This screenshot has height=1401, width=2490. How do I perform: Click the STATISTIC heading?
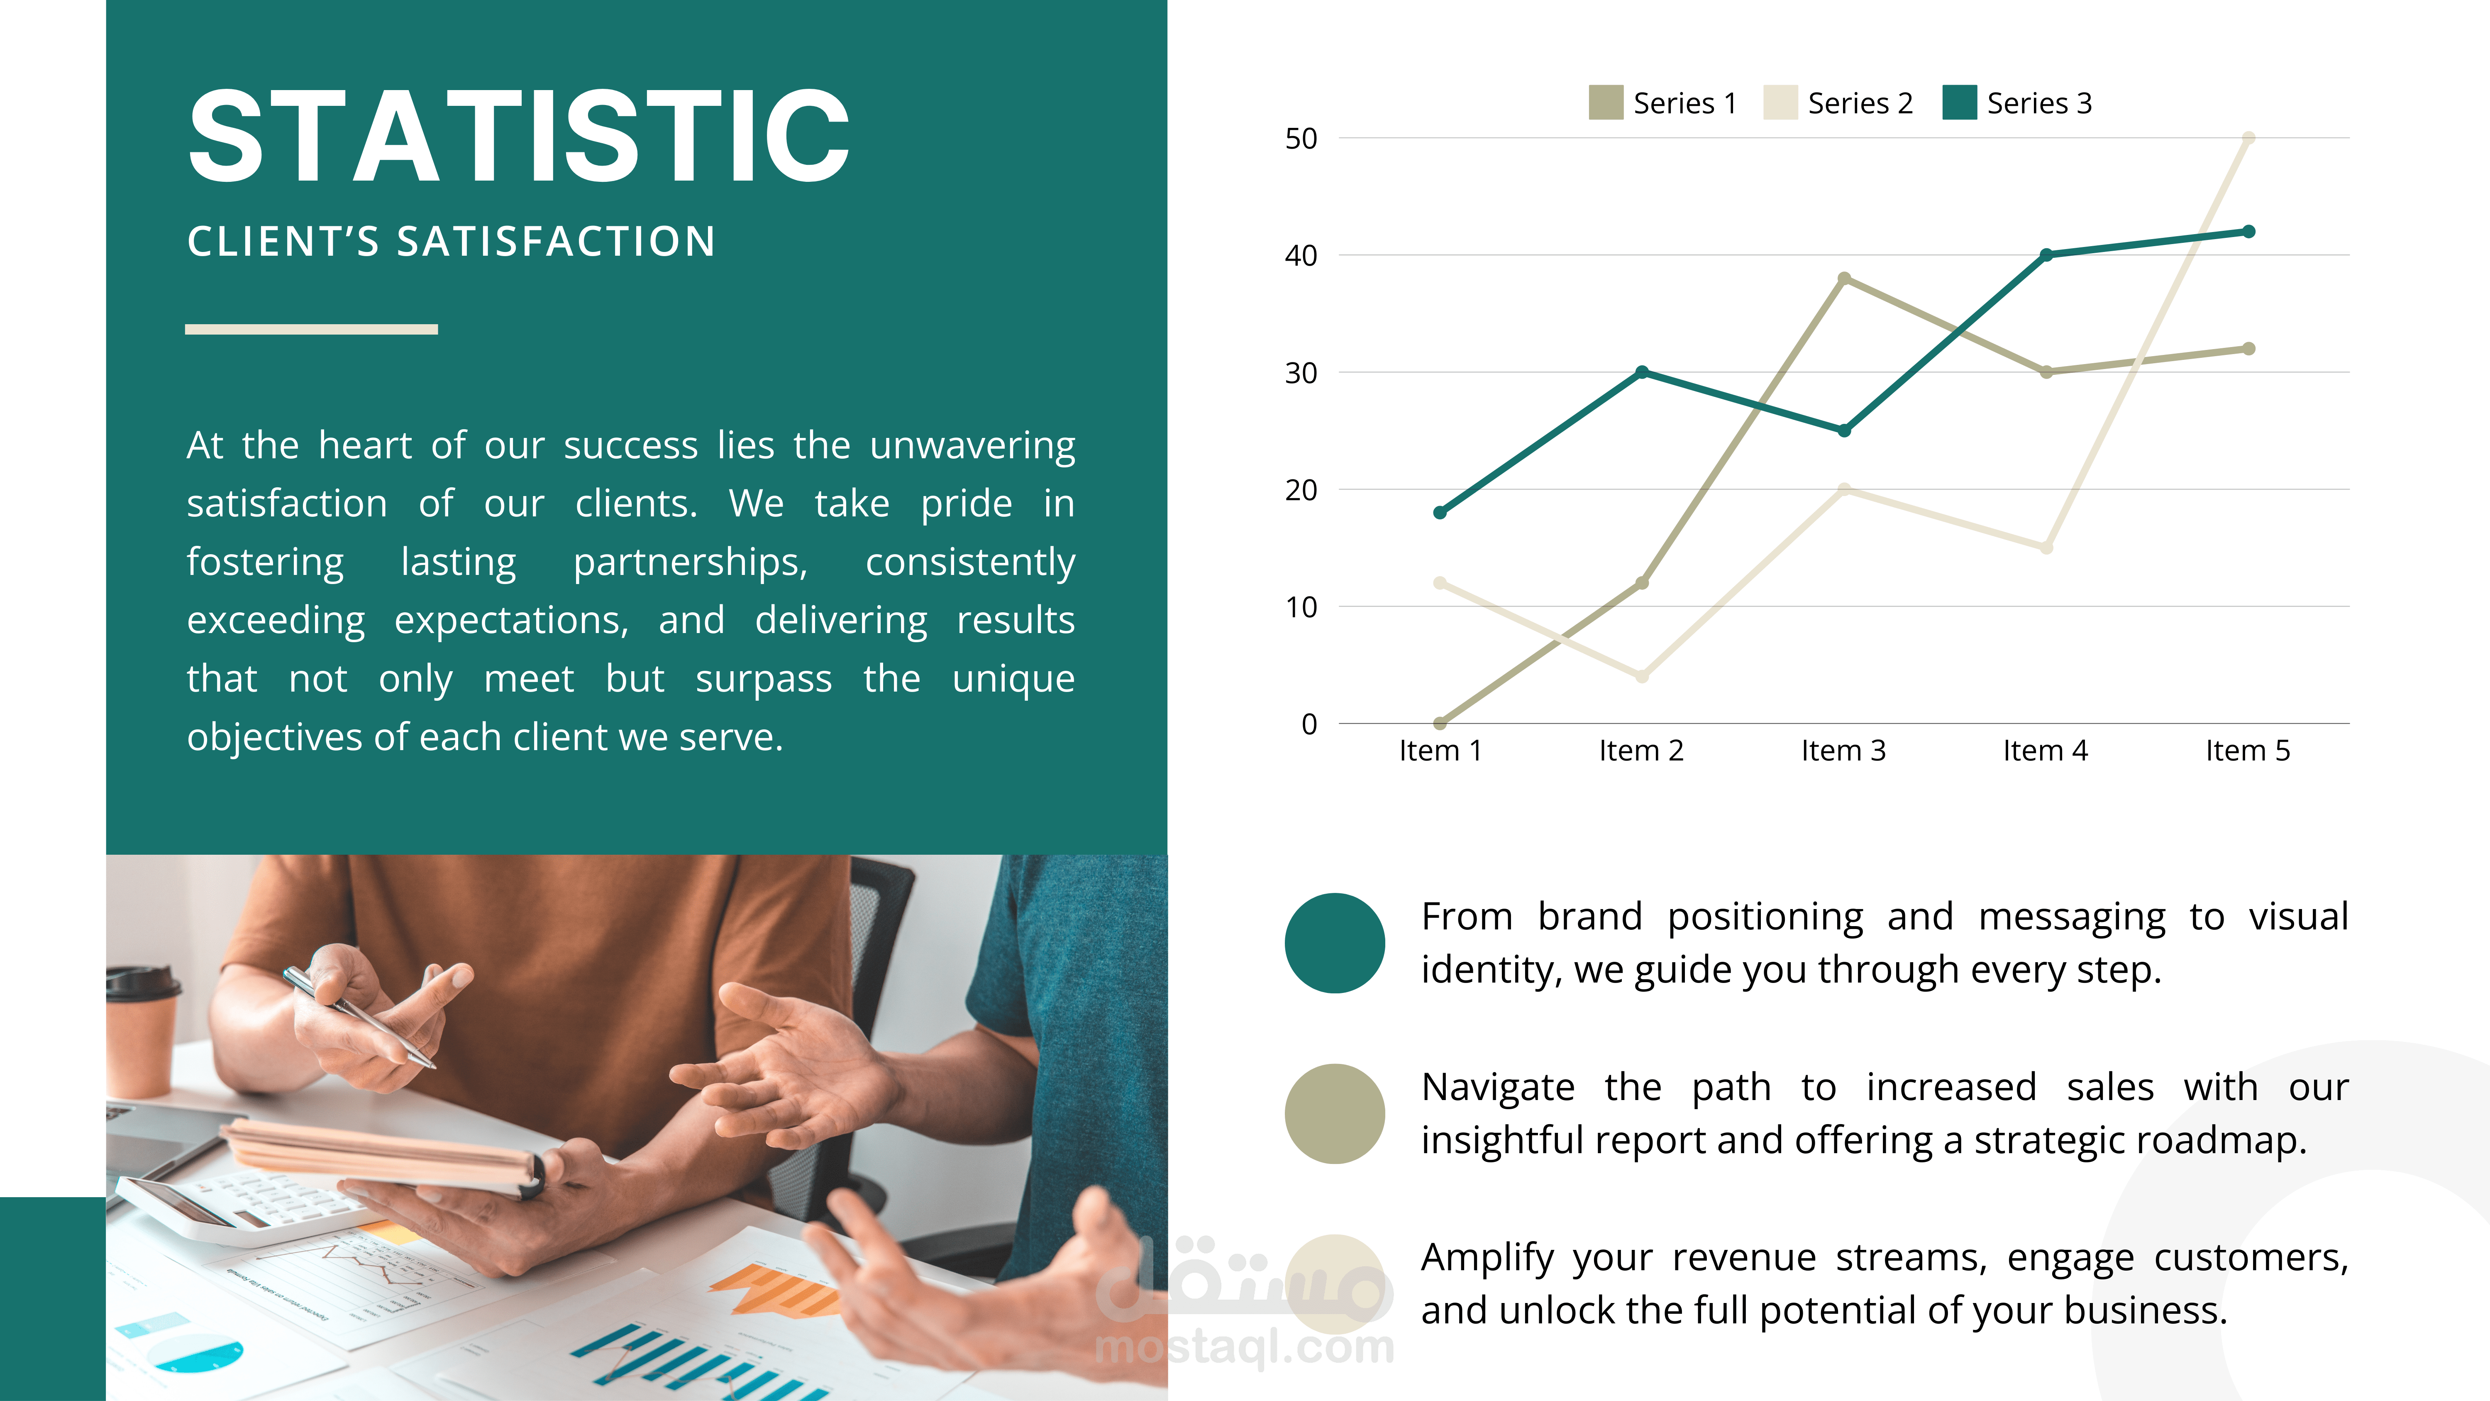coord(519,135)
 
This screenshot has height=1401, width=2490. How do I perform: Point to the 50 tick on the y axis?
coord(1301,138)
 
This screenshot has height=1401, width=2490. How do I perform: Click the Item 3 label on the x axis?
coord(1843,750)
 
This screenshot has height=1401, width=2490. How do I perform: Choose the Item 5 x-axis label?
coord(2247,750)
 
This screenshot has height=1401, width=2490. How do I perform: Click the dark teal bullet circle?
coord(1335,943)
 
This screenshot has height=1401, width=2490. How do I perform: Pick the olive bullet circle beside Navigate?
coord(1335,1114)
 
